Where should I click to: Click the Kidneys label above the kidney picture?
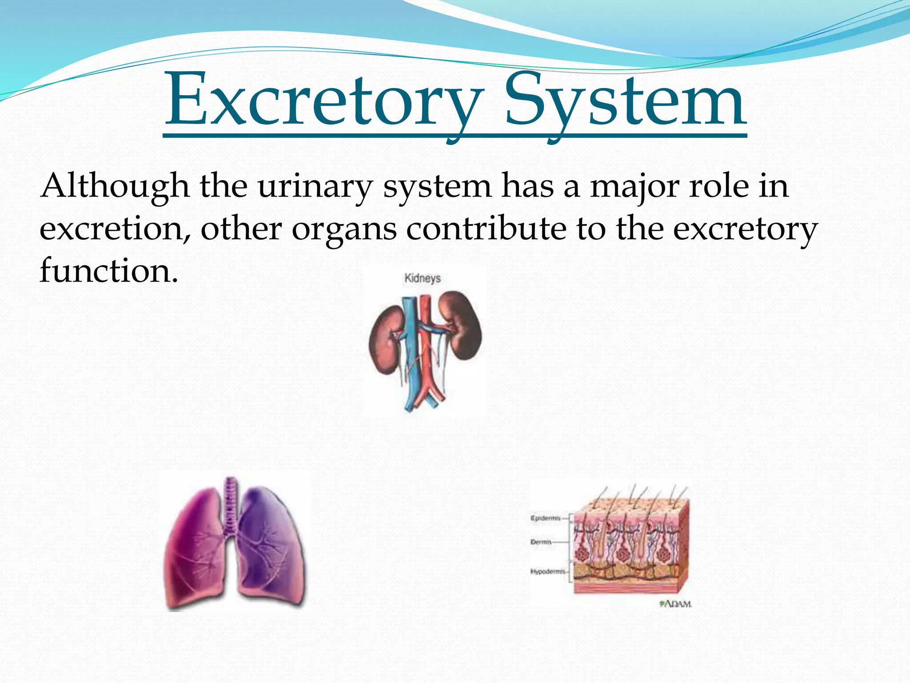point(423,278)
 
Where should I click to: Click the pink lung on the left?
point(196,551)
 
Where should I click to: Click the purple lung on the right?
point(271,547)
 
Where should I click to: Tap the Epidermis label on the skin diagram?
point(545,518)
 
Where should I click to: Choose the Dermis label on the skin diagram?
point(541,542)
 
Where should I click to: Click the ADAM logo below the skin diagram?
point(675,604)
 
